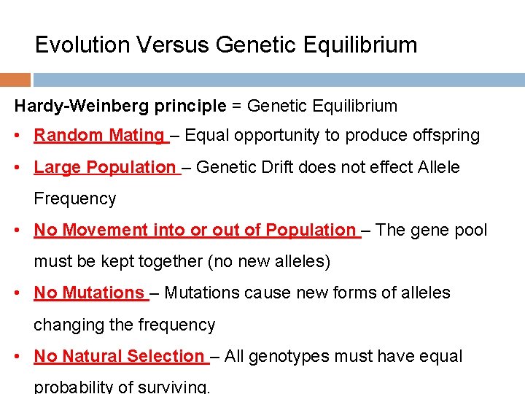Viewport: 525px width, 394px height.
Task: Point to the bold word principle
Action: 190,106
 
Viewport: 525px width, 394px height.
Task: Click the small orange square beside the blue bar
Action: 15,80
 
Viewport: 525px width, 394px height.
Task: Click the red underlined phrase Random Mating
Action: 99,135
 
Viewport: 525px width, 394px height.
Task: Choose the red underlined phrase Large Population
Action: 105,167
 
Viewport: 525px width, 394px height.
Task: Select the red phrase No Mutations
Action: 89,293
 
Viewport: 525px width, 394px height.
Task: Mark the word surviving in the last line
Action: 176,386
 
